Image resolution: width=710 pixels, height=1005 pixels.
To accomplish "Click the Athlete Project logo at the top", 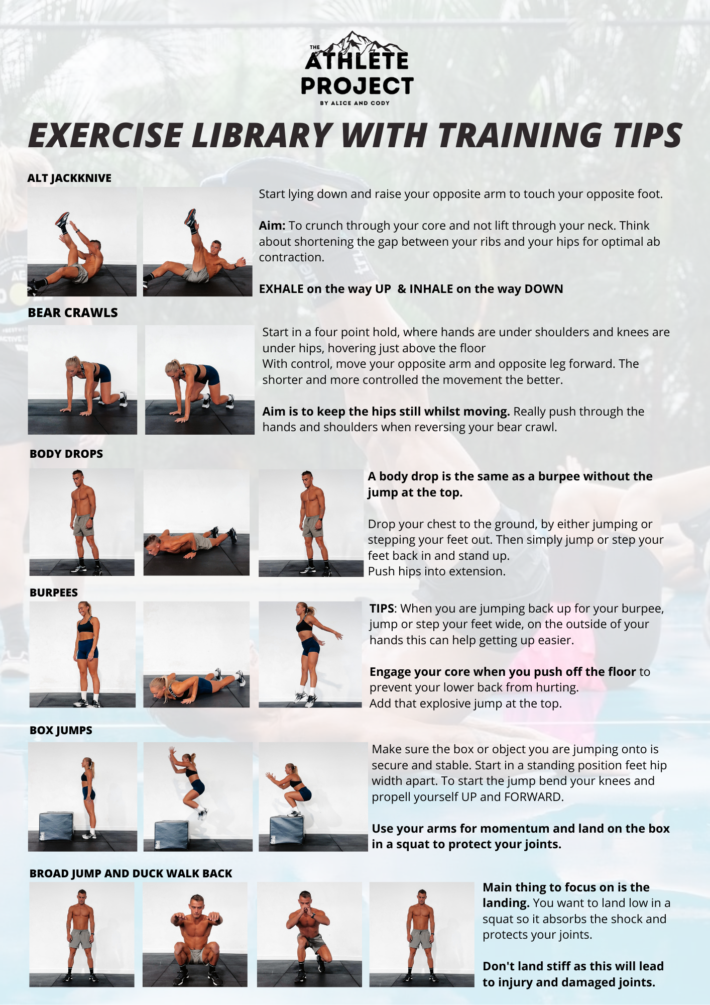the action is click(357, 68).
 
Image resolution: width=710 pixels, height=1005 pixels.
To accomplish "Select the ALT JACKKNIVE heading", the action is click(69, 178).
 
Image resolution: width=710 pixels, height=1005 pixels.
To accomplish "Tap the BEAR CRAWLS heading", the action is click(73, 313).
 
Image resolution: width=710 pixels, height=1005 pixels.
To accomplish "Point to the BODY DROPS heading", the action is click(66, 454).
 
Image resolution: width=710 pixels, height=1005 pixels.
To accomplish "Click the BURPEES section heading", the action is click(54, 592).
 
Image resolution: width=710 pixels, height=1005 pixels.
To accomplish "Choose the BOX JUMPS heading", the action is click(61, 730).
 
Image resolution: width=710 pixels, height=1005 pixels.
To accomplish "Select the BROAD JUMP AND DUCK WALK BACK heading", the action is click(131, 873).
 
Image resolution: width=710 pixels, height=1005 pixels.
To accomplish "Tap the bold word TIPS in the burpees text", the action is click(382, 609).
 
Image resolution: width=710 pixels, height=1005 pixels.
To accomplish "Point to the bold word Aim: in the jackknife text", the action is click(272, 226).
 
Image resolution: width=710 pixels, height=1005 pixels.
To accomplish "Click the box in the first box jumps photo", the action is click(56, 825).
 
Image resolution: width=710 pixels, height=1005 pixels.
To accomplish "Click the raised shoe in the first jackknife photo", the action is click(62, 220).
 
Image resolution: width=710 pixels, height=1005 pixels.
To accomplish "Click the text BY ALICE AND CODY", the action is click(355, 103).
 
